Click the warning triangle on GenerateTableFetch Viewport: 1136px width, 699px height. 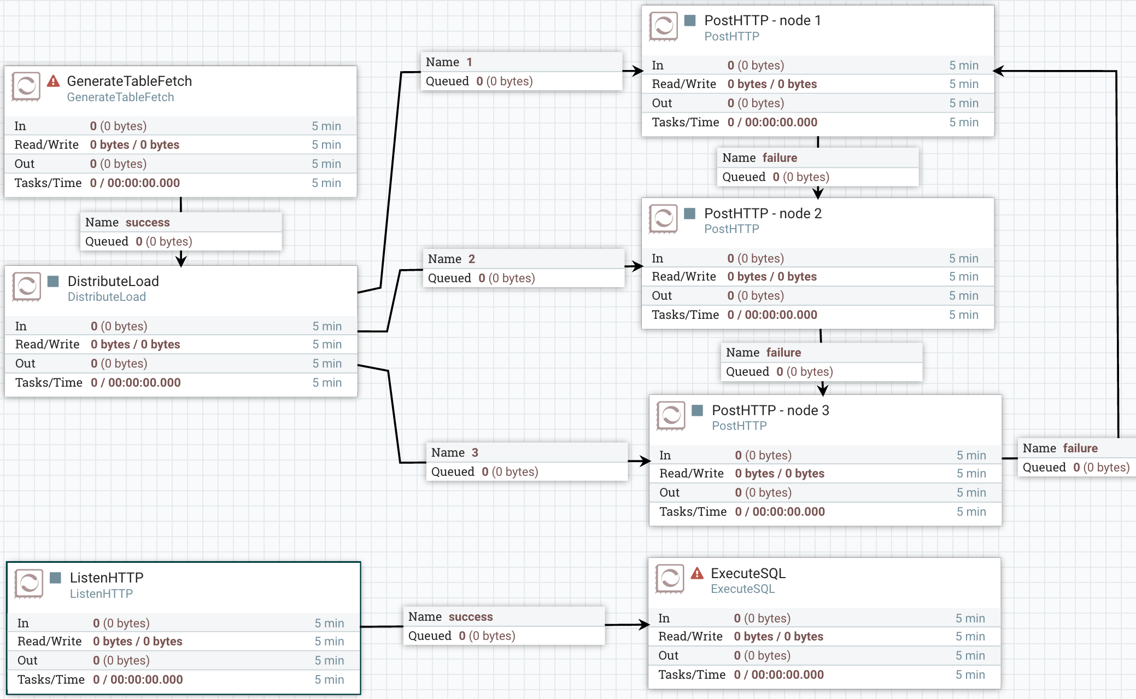[53, 81]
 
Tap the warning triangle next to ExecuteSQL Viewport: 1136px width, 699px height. [697, 573]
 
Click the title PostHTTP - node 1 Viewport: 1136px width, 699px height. [762, 21]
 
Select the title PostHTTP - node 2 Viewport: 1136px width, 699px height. [763, 213]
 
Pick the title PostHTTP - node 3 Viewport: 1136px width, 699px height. [770, 410]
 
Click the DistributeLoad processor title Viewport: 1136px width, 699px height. [113, 281]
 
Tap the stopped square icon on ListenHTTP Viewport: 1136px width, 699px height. [55, 578]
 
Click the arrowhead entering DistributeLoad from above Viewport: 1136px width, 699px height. [181, 261]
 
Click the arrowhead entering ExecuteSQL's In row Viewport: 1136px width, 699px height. [643, 624]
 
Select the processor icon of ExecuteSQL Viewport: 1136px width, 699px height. [670, 579]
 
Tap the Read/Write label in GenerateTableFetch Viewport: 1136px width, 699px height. [46, 144]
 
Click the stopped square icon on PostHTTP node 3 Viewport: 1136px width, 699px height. [697, 410]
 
